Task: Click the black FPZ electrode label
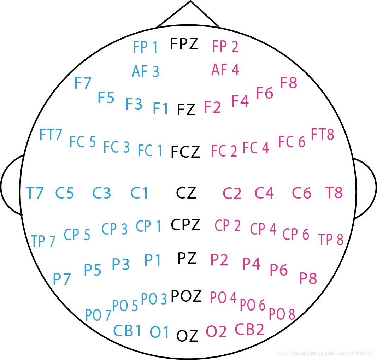coord(184,44)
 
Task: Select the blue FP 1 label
coord(145,47)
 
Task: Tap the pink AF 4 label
coord(225,70)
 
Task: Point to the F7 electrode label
coord(83,83)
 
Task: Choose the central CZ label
coord(186,193)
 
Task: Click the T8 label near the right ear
coord(334,193)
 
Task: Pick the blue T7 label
coord(35,193)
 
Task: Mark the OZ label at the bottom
coord(187,336)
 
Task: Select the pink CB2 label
coord(249,330)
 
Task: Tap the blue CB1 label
coord(127,331)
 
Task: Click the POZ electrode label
coord(186,296)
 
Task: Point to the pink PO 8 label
coord(282,314)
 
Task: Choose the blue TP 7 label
coord(43,241)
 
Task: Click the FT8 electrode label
coord(322,135)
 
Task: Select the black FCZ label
coord(185,152)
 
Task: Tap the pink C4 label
coord(264,193)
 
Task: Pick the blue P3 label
coord(121,264)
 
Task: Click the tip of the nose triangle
coord(190,2)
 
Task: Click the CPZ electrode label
coord(185,225)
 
